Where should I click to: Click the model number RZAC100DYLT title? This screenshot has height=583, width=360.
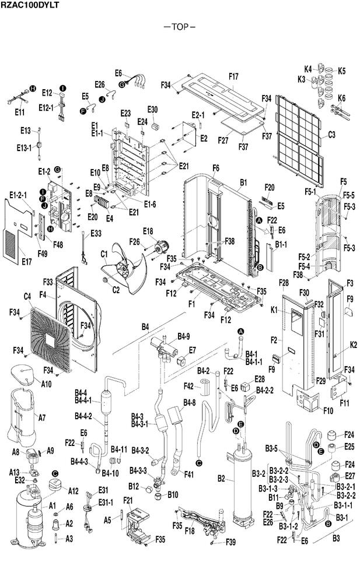pos(29,5)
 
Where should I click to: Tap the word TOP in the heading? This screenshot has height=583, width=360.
pos(180,27)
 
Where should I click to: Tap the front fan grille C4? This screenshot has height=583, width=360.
pos(50,339)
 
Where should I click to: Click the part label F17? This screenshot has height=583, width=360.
pos(233,76)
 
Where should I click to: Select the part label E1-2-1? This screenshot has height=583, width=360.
pos(18,195)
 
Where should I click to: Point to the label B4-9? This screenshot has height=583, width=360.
pos(184,336)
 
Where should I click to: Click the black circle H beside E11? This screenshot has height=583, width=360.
pos(33,89)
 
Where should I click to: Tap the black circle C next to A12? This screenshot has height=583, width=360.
pos(55,473)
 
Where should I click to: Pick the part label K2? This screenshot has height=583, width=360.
pos(353,345)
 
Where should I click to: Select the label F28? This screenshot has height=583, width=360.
pos(284,283)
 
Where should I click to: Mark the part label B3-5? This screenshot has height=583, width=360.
pos(271,448)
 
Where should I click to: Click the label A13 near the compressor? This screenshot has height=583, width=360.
pos(14,472)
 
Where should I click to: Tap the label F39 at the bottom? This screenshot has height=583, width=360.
pos(230,542)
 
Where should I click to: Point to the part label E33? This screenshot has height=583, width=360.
pos(96,233)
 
